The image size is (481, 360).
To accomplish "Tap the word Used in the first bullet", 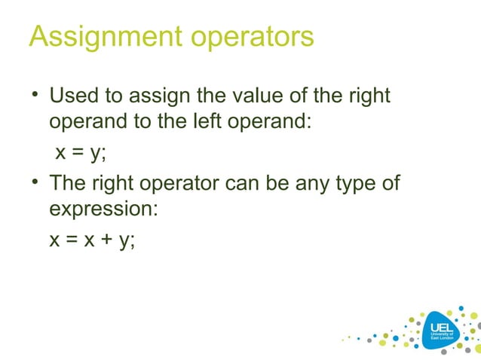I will [x=74, y=97].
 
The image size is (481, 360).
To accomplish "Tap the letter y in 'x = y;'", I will [x=96, y=152].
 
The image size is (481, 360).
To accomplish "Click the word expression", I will [x=103, y=209].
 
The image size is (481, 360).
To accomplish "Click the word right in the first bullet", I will [x=369, y=97].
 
